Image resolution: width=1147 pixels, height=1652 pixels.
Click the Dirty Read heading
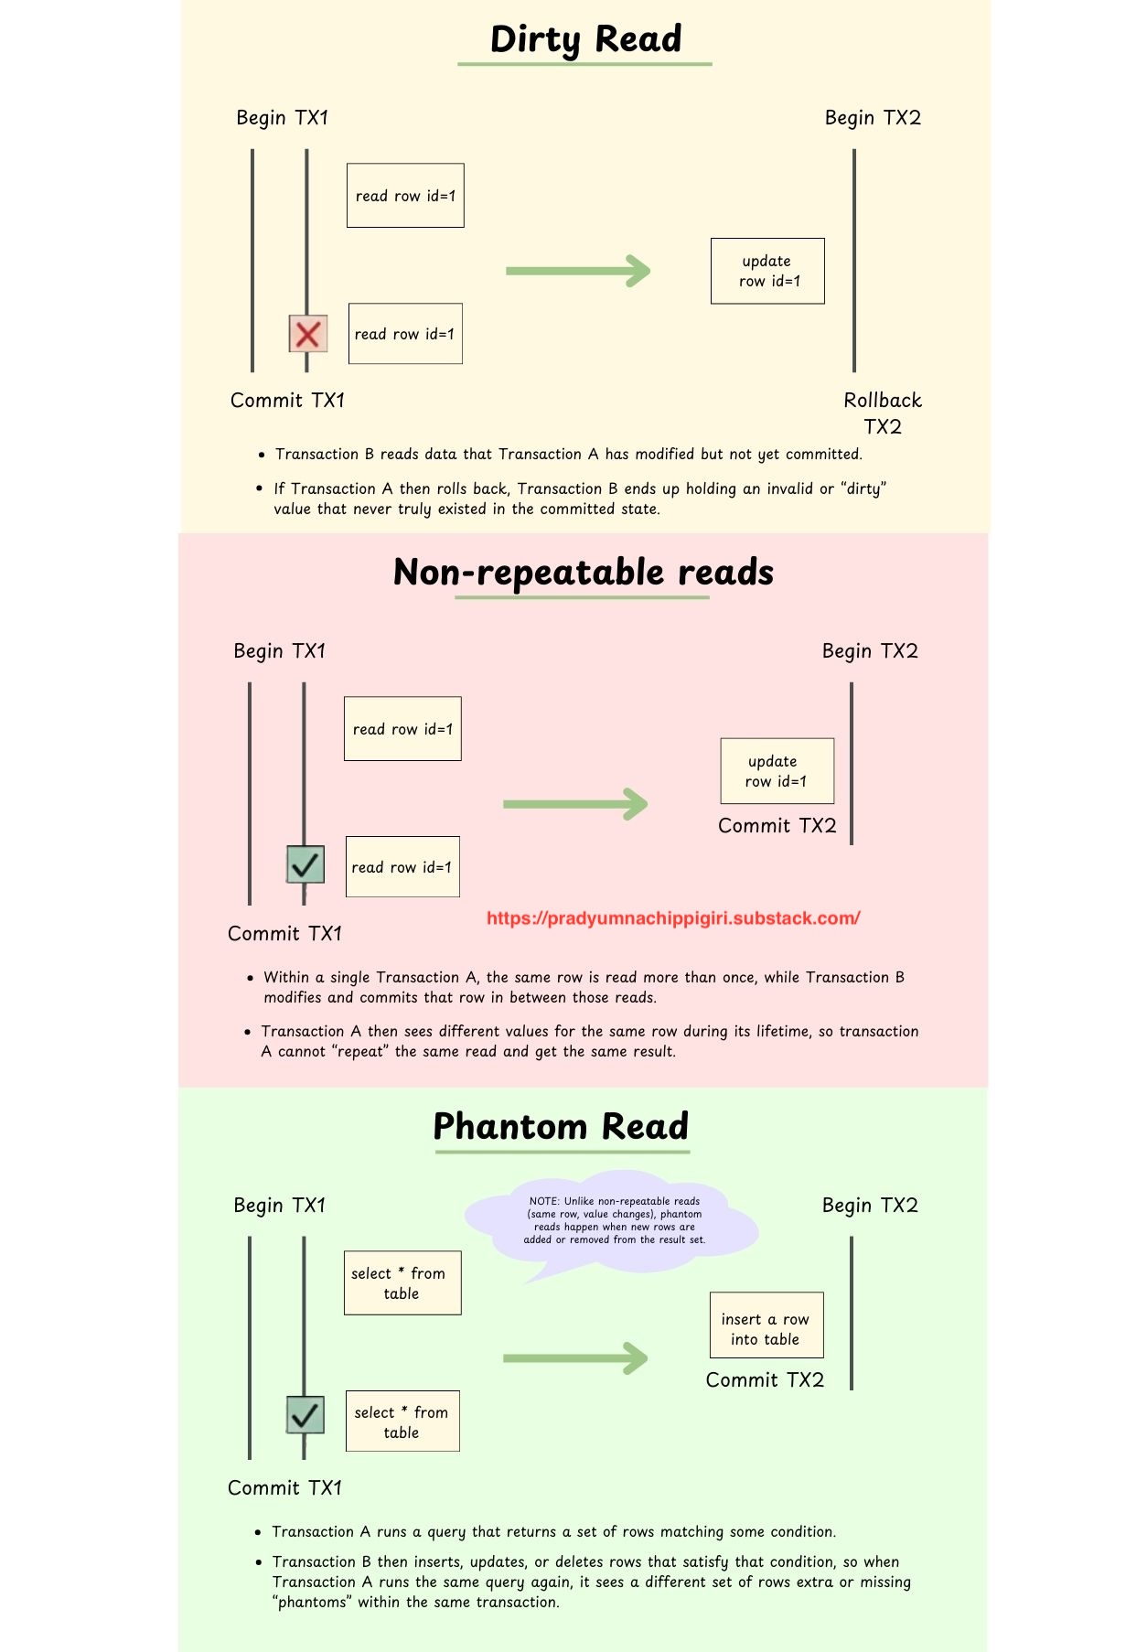(585, 39)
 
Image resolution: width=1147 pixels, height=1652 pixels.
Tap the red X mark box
(308, 334)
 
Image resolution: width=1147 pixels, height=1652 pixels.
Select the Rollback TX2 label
(883, 413)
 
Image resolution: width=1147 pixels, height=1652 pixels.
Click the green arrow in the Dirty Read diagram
(578, 271)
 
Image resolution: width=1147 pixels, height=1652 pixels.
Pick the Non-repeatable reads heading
(584, 573)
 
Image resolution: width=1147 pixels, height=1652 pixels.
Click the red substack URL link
(673, 918)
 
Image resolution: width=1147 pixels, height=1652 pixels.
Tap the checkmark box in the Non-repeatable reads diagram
(306, 864)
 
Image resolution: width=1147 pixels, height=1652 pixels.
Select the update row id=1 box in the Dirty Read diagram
(767, 271)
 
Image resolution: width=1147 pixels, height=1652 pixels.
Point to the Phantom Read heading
(561, 1126)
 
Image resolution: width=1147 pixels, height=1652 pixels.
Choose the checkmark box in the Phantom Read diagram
(306, 1415)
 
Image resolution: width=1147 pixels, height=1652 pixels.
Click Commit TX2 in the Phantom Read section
(765, 1380)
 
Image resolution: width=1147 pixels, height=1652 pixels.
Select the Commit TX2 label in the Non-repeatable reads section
(777, 826)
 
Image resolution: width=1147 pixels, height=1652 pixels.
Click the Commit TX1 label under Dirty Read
(287, 401)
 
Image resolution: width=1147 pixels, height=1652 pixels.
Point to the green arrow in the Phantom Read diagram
(575, 1358)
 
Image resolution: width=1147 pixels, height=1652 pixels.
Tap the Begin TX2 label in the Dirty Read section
(873, 118)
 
